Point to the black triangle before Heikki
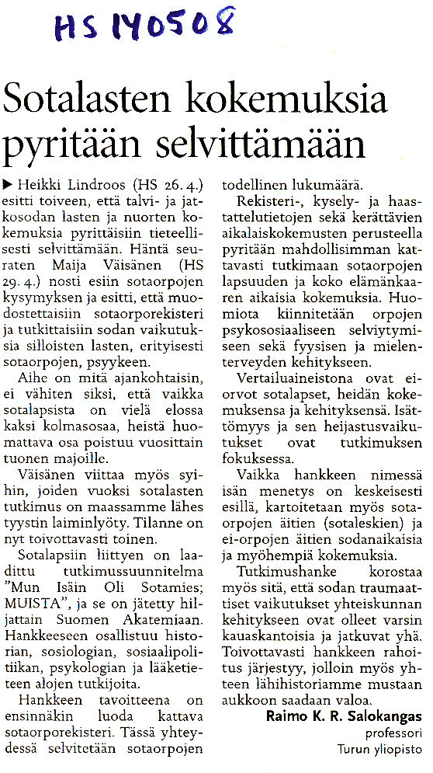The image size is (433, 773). click(x=9, y=185)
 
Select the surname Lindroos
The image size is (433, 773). click(x=97, y=185)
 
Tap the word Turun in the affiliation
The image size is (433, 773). click(x=353, y=749)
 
